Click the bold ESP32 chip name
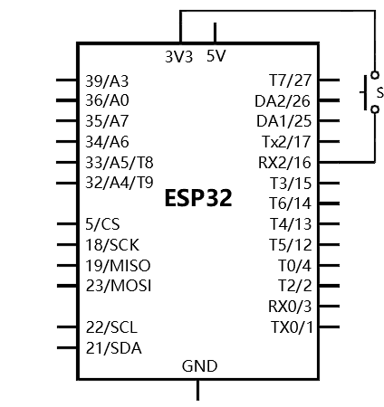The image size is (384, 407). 198,198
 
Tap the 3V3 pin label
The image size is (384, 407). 178,57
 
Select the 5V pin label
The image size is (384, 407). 216,56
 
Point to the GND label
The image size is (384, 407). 199,366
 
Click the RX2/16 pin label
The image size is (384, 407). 284,163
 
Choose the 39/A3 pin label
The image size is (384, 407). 107,81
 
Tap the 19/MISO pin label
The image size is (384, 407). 118,266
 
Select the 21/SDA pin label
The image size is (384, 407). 113,348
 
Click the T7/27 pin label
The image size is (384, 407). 290,80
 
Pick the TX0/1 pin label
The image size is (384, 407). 292,327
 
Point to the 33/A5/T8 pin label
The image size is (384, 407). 120,163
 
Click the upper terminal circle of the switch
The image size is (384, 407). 375,75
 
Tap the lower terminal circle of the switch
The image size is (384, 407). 375,109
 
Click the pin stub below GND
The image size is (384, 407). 197,390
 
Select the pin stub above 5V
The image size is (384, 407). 215,33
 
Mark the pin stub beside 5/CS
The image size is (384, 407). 67,223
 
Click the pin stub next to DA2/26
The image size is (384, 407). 329,100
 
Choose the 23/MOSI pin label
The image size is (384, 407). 119,286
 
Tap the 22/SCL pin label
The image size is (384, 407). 111,327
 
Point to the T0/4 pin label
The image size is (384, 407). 294,266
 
